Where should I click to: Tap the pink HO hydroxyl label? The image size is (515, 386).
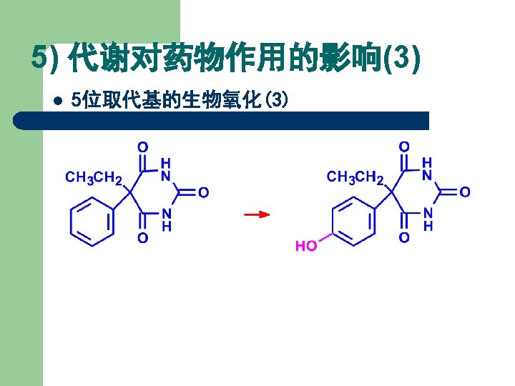coord(306,246)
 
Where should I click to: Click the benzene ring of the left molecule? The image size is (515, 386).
coord(92,222)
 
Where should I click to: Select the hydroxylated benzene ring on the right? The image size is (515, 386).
coord(353,222)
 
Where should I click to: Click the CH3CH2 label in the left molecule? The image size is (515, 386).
coord(94,177)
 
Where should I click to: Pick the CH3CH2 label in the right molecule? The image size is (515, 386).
coord(355,177)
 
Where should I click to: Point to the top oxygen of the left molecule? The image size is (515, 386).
coord(143,147)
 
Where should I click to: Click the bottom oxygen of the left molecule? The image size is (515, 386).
coord(143,238)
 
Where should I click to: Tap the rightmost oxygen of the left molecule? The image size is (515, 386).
coord(203,193)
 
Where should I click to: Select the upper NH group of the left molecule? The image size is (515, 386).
coord(165,169)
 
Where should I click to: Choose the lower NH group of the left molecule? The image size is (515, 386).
coord(165,219)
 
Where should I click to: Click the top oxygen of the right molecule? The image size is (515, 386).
coord(404,147)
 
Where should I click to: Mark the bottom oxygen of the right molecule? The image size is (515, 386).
coord(404,238)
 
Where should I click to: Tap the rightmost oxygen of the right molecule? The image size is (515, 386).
coord(464,193)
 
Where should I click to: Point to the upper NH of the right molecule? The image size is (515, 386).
coord(427,169)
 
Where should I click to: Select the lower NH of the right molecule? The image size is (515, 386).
coord(427,219)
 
